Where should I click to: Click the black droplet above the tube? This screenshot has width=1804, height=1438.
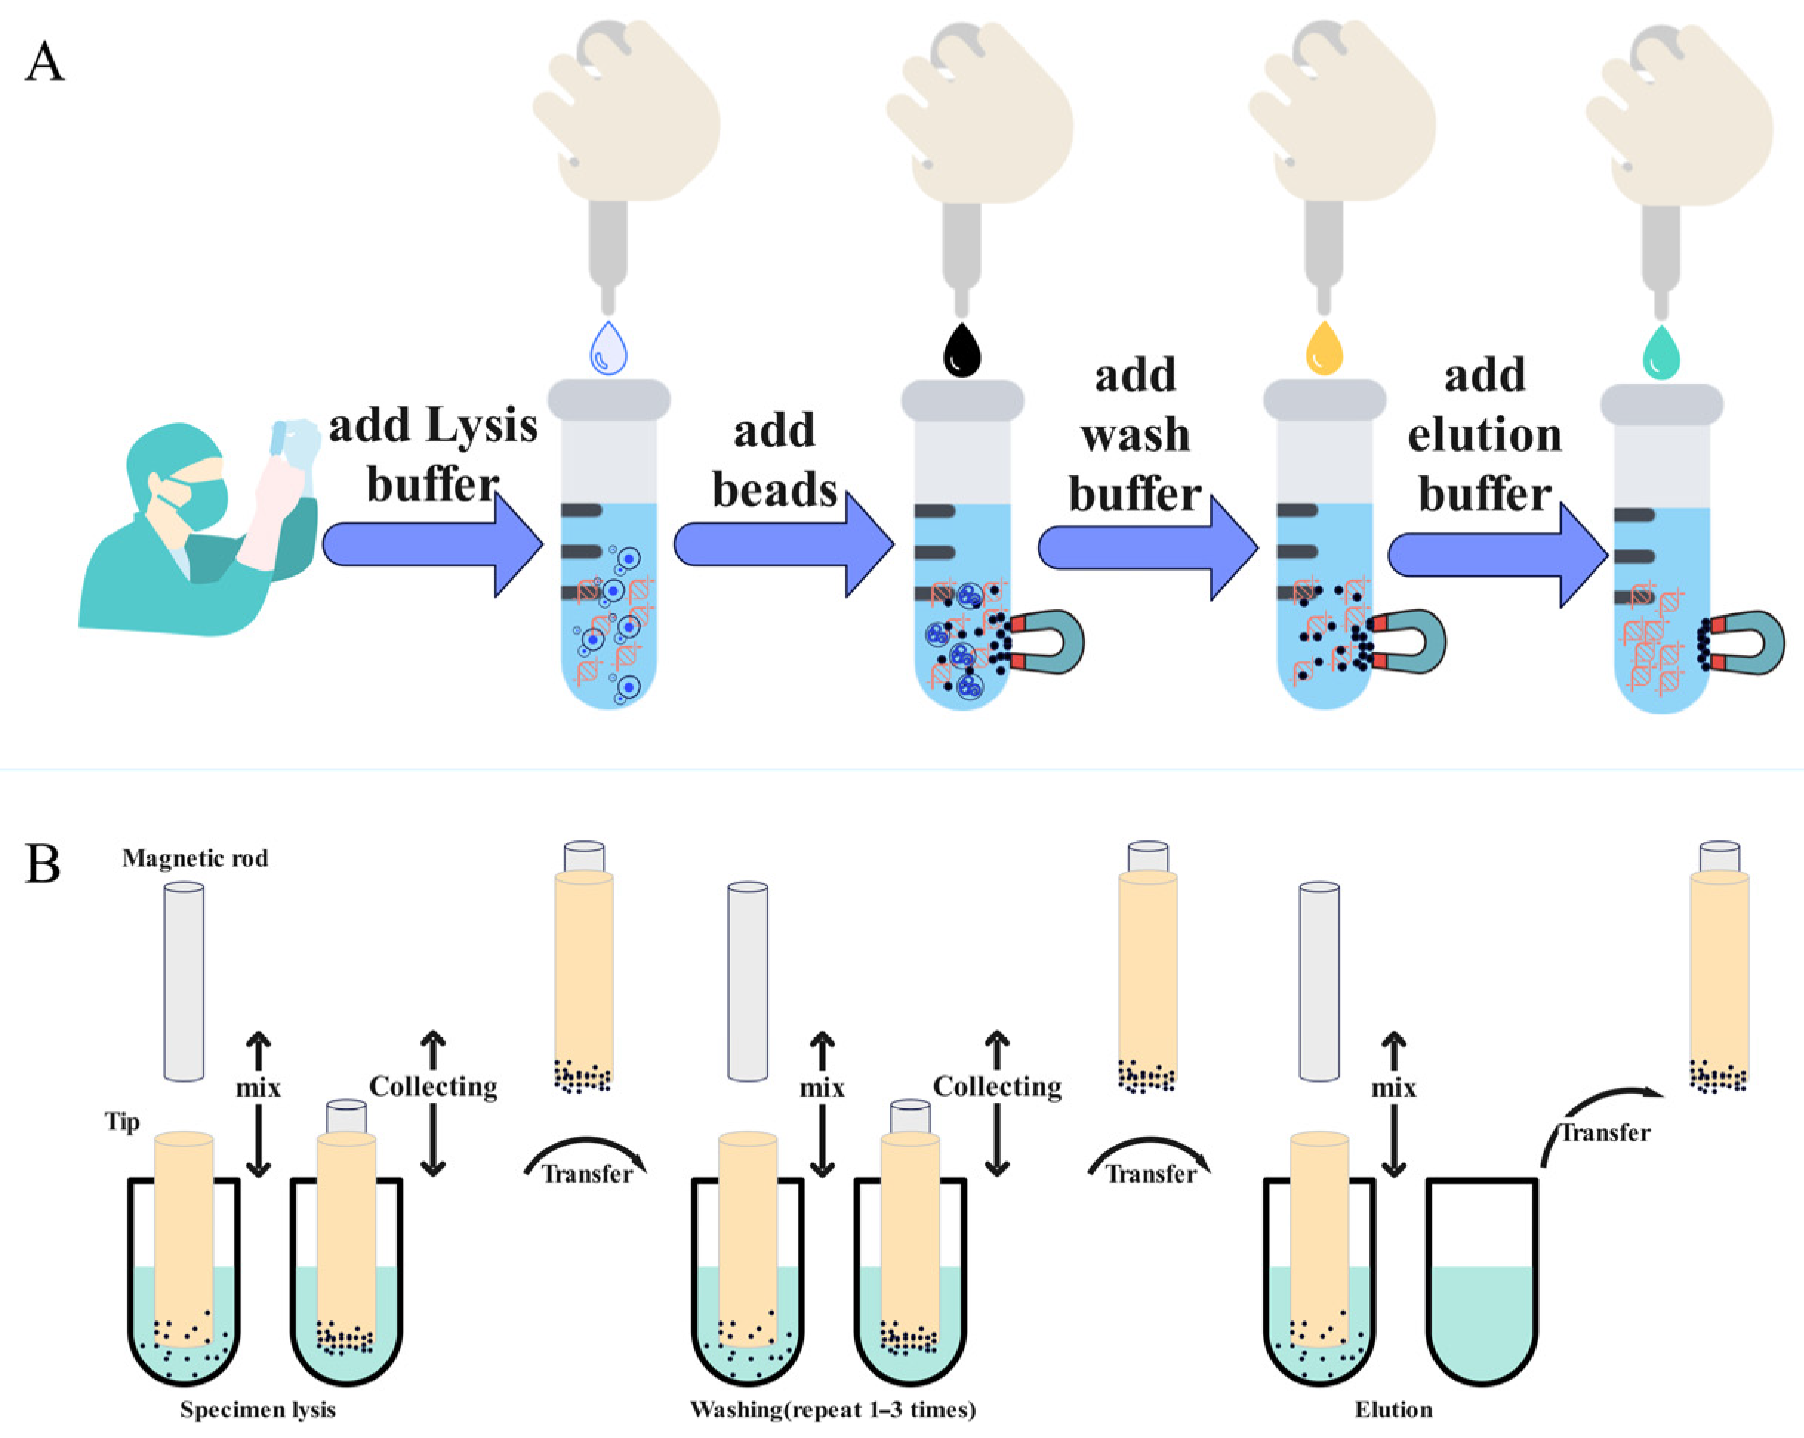click(962, 352)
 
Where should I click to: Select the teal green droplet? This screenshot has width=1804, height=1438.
click(1661, 354)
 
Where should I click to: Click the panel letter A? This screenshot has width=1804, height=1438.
click(44, 63)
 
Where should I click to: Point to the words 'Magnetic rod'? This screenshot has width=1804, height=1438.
click(195, 859)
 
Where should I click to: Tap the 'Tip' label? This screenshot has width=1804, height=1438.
click(122, 1122)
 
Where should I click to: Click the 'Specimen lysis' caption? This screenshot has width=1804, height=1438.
click(258, 1410)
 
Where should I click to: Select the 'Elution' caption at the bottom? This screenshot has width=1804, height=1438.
click(1393, 1410)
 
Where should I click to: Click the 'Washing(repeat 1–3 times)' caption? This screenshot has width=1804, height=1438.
click(833, 1410)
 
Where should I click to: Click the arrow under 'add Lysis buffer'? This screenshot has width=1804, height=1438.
click(431, 545)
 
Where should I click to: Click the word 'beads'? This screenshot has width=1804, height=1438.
click(774, 489)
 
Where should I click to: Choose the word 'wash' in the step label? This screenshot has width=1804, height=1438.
click(1135, 435)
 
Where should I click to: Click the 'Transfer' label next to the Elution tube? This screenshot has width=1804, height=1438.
click(1605, 1134)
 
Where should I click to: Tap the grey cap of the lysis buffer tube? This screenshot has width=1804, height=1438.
click(608, 400)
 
